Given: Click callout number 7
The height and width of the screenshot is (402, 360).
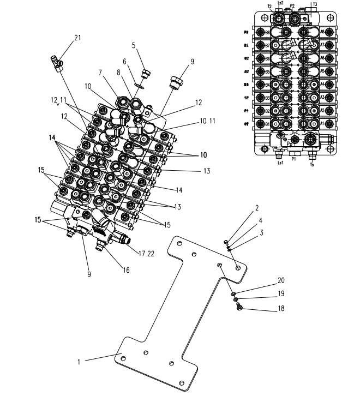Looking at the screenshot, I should click(100, 73).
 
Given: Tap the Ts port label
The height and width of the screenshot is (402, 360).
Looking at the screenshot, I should click(311, 162).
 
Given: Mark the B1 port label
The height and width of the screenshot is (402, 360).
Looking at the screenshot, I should click(268, 123).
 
